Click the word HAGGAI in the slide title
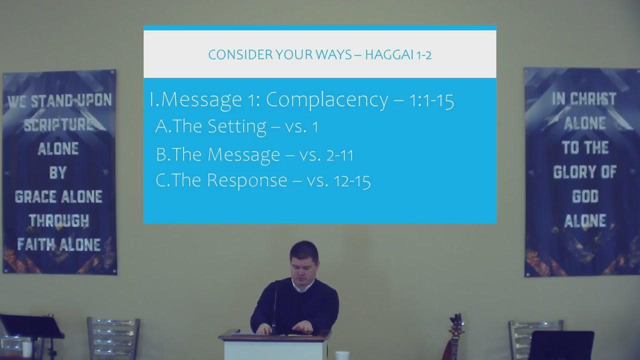[x=389, y=54]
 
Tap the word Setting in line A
[x=237, y=126]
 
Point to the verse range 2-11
[x=339, y=155]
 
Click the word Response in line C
[x=247, y=180]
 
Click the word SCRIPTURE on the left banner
[x=58, y=125]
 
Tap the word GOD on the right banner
[x=585, y=196]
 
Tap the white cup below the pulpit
[x=342, y=355]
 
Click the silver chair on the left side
[x=113, y=338]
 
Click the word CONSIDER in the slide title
[x=240, y=54]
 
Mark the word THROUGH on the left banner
[x=59, y=221]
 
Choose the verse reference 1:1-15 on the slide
[x=431, y=101]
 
